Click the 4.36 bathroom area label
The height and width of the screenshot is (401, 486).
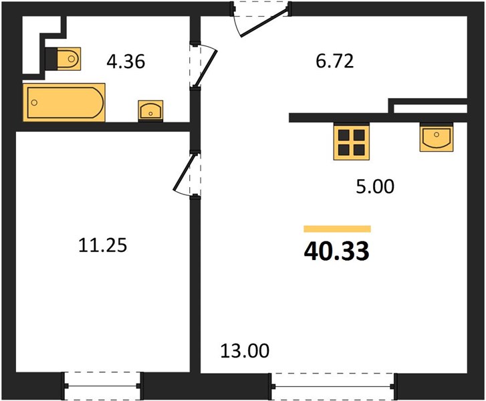tap(126, 61)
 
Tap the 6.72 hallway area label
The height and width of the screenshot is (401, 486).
tap(335, 61)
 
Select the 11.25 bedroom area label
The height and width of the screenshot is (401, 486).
tap(102, 245)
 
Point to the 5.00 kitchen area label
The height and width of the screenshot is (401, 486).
tap(375, 186)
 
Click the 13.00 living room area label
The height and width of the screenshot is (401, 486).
tap(245, 351)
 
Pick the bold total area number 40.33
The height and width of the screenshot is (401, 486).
tap(337, 251)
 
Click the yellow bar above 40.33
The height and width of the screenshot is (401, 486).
tap(337, 229)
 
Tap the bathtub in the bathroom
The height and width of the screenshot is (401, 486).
tap(64, 102)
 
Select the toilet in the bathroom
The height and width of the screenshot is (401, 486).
tap(64, 59)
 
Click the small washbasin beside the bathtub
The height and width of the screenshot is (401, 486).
tap(150, 110)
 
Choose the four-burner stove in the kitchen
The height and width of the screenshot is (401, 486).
tap(352, 142)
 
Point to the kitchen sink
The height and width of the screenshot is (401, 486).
tap(437, 138)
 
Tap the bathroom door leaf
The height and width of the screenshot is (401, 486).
tap(205, 68)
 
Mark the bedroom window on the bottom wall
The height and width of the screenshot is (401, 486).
tap(102, 386)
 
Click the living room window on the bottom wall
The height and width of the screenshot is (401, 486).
tap(333, 386)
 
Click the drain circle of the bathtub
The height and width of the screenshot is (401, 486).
tap(34, 102)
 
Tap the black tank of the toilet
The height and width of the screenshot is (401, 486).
tap(51, 59)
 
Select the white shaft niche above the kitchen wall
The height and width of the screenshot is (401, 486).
tap(431, 109)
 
